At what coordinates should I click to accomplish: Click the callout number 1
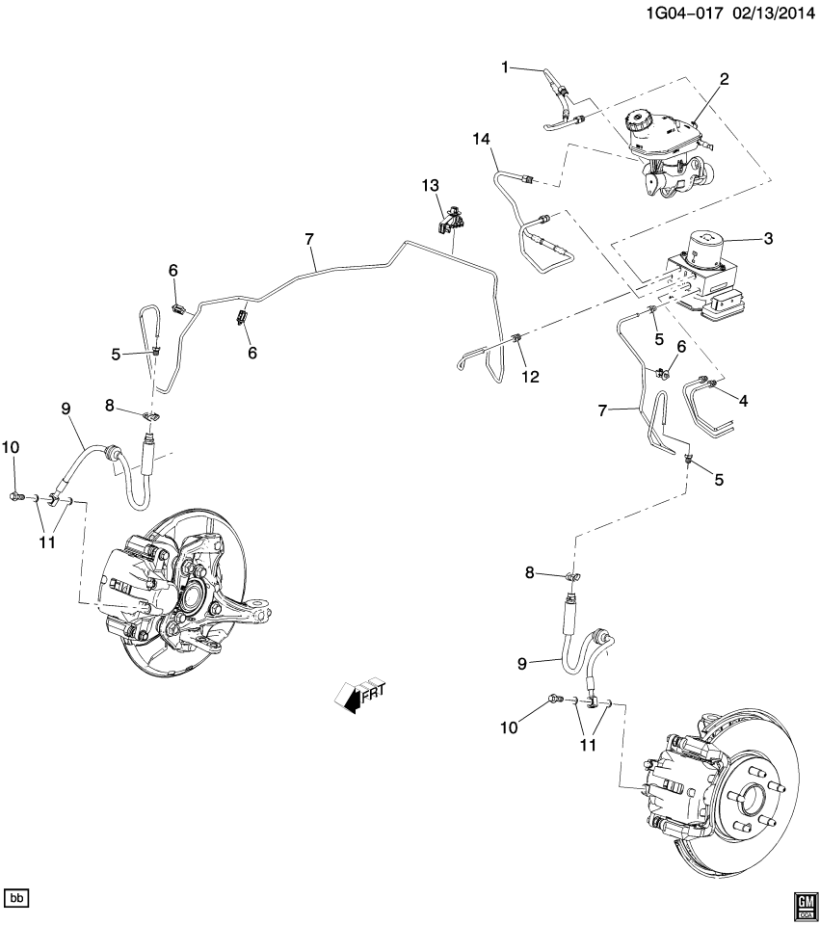pos(504,66)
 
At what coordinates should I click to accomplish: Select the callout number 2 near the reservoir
pos(723,80)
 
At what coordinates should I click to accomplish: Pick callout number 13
pos(429,184)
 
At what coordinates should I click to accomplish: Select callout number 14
pos(482,140)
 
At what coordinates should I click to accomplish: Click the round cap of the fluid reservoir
pos(638,121)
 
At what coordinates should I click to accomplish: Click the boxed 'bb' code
pos(17,898)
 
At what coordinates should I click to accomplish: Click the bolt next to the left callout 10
pos(17,496)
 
